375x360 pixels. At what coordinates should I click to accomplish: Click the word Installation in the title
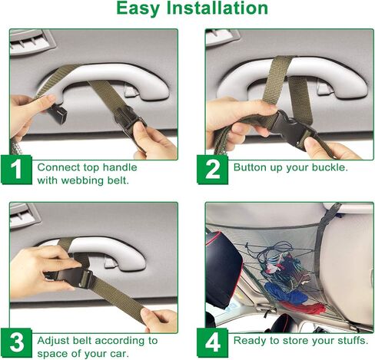217,8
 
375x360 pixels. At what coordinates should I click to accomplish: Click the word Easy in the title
138,9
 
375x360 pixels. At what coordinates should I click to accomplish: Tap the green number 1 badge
16,170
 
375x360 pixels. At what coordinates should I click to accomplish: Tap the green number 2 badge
212,170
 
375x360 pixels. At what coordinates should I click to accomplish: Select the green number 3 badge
16,343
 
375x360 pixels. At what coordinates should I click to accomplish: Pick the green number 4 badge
212,343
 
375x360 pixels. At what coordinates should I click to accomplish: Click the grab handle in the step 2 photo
293,74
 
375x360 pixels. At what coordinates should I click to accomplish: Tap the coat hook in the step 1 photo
131,91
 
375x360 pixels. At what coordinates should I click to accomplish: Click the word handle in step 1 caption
120,167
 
